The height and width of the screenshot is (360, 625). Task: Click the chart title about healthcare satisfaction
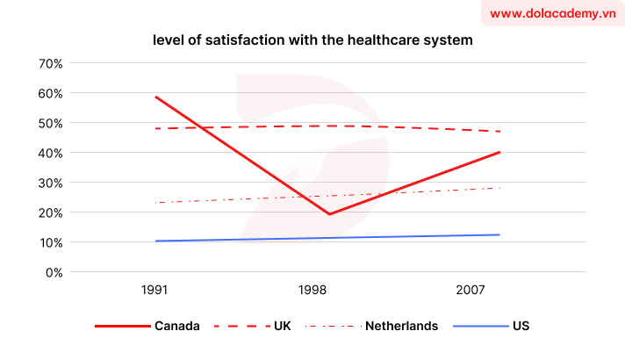[312, 40]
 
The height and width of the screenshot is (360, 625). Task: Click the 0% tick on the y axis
[54, 272]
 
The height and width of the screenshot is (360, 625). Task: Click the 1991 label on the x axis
[155, 289]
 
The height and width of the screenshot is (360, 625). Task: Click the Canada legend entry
[176, 326]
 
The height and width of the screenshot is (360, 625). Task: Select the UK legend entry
[282, 326]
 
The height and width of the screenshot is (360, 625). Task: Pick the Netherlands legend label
[401, 326]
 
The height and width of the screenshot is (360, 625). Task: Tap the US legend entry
[521, 326]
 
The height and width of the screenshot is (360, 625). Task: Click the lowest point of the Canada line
[328, 214]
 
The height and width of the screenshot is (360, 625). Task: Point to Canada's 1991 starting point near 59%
[156, 97]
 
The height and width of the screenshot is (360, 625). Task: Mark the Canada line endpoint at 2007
[499, 152]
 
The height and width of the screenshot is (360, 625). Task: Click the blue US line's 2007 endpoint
[499, 234]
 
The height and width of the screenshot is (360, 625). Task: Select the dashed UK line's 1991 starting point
[156, 128]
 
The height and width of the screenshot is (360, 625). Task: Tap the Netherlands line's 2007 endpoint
[499, 188]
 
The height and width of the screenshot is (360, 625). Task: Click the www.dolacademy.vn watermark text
[552, 13]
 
